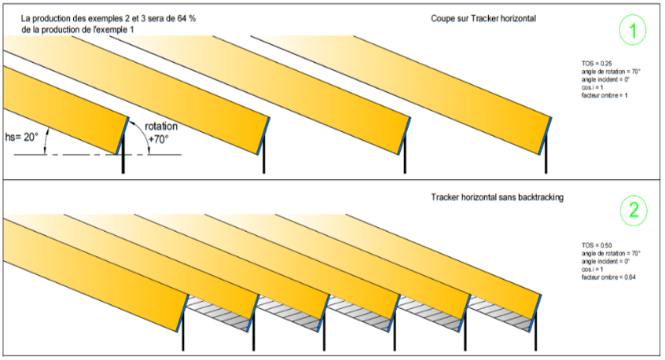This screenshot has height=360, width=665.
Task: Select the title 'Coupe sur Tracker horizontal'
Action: coord(483,18)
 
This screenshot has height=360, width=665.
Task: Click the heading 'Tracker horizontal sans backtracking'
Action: coord(498,198)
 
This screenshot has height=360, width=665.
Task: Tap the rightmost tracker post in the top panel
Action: coord(544,161)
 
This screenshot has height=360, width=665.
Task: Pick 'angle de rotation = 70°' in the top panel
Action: coord(606,70)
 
